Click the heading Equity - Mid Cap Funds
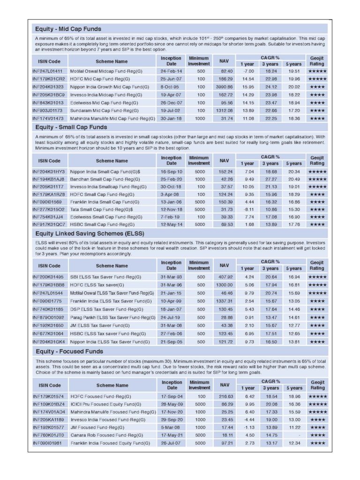[x=68, y=29]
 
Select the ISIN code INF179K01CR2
[x=49, y=79]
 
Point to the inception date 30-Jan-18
[x=171, y=119]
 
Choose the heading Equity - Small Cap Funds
[x=71, y=127]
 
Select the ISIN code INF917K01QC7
[x=49, y=225]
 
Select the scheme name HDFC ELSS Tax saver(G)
[x=97, y=285]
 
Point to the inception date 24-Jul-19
[x=171, y=317]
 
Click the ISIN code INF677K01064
[x=48, y=333]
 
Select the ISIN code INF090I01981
[x=48, y=443]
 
